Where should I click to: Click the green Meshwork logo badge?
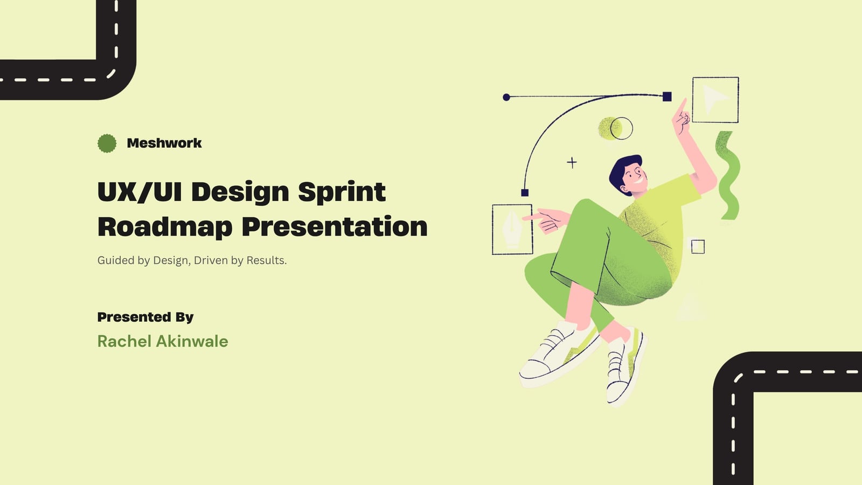[107, 143]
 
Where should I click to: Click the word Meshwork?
[164, 143]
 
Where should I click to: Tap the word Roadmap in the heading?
[165, 227]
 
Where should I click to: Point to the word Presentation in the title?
[335, 227]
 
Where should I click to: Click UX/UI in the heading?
[140, 192]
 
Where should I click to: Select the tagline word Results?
[267, 261]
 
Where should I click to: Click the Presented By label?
[145, 317]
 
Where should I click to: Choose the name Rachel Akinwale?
[163, 342]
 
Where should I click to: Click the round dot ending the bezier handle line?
[506, 98]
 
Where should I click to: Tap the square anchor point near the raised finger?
[668, 96]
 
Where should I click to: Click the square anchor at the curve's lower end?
[525, 192]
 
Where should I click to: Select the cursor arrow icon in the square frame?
[714, 99]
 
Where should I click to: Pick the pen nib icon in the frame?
[512, 228]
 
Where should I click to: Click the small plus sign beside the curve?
[572, 163]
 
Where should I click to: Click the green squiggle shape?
[727, 176]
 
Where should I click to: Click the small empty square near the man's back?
[698, 247]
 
